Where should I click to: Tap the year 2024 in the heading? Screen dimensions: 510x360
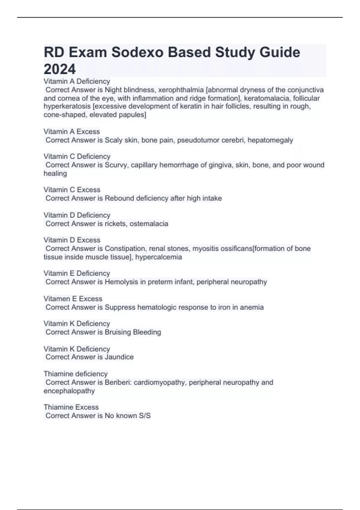(60, 69)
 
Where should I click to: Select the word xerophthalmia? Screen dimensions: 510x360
(181, 90)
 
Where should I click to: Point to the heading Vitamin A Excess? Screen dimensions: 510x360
(72, 132)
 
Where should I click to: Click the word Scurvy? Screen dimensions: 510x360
(116, 165)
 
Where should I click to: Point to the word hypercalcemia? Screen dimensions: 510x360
(158, 257)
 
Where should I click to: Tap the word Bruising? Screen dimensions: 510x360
(118, 332)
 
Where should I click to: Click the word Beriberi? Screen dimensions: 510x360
(118, 382)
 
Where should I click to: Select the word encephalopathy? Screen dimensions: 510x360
(69, 391)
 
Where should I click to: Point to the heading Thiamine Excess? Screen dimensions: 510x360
(71, 407)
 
